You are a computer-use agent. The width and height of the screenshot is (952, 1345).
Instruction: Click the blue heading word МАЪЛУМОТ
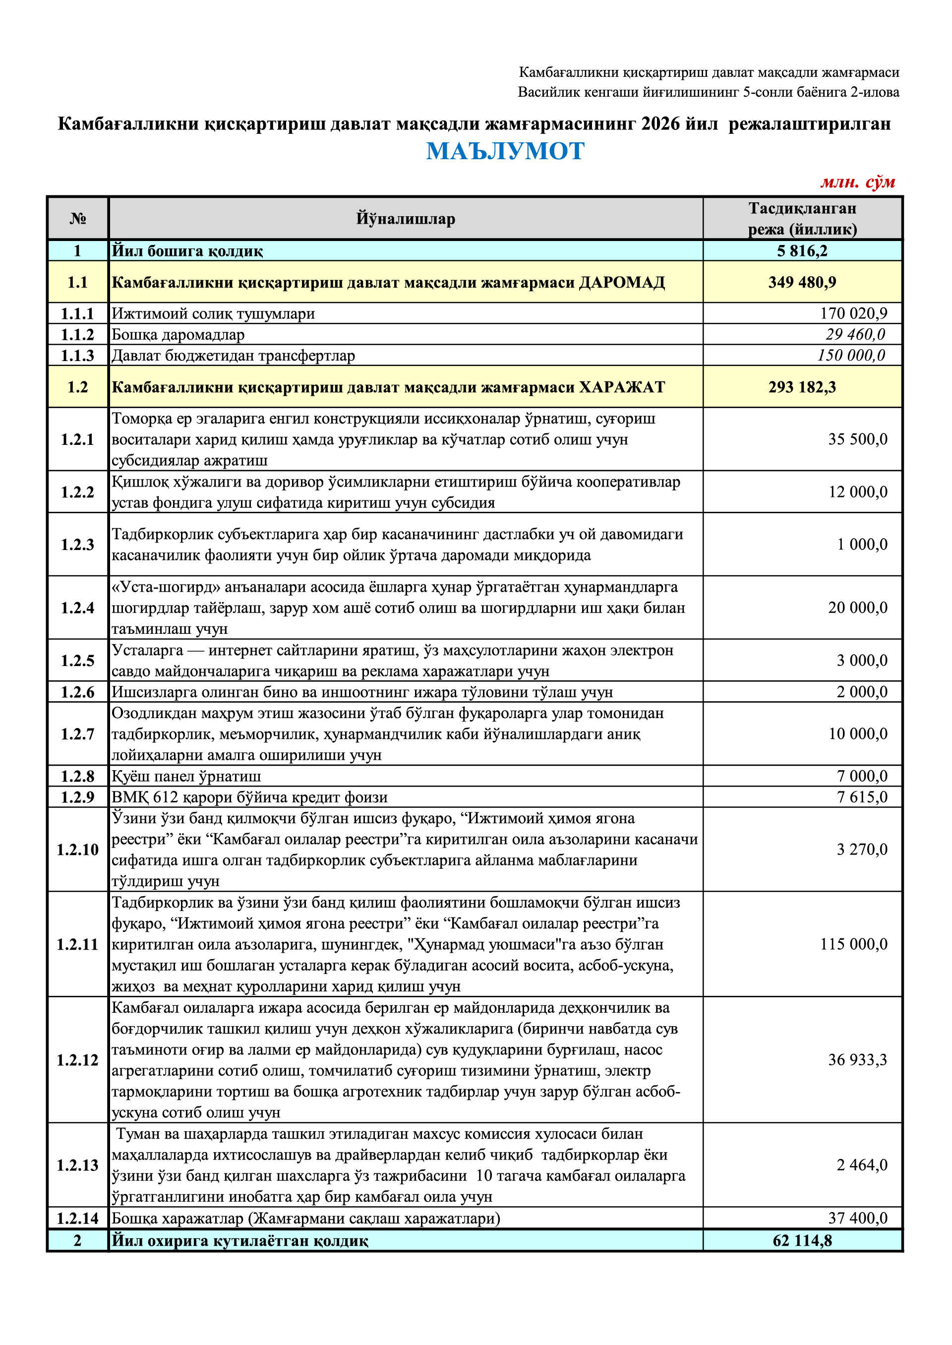click(x=505, y=151)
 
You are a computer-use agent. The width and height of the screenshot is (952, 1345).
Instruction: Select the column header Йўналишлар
click(x=405, y=219)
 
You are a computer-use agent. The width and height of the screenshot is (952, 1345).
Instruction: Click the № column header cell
click(x=77, y=219)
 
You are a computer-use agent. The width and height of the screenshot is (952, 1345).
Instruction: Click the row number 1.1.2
click(x=77, y=335)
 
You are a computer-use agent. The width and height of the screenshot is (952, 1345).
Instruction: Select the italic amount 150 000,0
click(x=851, y=355)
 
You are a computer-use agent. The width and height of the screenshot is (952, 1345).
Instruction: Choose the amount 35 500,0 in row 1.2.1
click(x=858, y=439)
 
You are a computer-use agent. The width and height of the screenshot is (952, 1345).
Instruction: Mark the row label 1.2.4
click(x=77, y=608)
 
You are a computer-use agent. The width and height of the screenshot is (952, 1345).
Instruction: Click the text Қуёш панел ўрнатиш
click(x=186, y=776)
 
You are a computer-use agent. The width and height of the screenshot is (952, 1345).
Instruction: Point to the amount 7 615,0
click(x=862, y=797)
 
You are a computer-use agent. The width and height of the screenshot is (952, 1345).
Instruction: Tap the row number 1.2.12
click(x=77, y=1060)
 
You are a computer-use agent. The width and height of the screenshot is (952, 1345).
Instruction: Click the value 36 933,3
click(x=858, y=1060)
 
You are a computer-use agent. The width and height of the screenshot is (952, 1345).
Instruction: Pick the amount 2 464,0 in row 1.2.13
click(x=862, y=1165)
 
